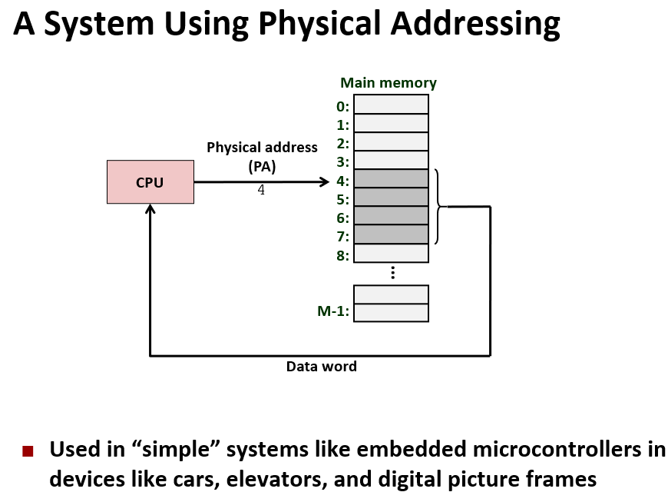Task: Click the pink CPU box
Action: click(x=150, y=182)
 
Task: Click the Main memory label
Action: click(x=389, y=83)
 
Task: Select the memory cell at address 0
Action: click(x=391, y=104)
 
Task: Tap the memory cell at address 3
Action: click(x=391, y=160)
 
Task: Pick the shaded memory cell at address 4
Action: click(x=391, y=178)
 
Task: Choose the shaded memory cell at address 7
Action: click(x=391, y=234)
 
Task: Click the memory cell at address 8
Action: click(x=391, y=253)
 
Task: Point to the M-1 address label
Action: click(x=333, y=311)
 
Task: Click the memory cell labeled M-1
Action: click(x=391, y=312)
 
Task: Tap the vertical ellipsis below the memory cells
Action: click(x=392, y=272)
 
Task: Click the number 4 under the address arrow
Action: click(x=261, y=190)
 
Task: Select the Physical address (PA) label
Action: click(x=262, y=156)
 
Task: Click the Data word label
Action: click(x=322, y=367)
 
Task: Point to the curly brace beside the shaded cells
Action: click(x=439, y=206)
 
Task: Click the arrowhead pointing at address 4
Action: click(x=324, y=182)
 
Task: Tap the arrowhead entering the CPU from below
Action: click(x=150, y=209)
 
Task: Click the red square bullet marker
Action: click(x=28, y=450)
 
